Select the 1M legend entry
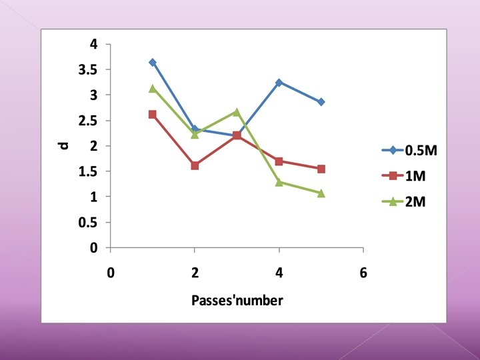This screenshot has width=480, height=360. click(x=415, y=176)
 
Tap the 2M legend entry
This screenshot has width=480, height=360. click(x=415, y=201)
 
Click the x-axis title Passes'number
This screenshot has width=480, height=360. click(x=237, y=300)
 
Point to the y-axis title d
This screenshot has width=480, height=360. click(x=65, y=145)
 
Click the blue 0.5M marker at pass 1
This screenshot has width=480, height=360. click(x=153, y=62)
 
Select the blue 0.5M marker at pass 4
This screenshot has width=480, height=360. click(x=279, y=82)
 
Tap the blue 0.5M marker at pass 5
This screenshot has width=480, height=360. click(x=321, y=102)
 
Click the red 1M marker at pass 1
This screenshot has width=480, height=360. click(x=153, y=115)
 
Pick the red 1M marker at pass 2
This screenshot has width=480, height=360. click(x=195, y=165)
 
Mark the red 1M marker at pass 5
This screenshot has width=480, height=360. click(x=321, y=169)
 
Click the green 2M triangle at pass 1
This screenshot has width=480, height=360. click(x=153, y=88)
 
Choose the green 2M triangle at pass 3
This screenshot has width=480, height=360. click(x=237, y=112)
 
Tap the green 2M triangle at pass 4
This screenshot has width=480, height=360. click(x=279, y=182)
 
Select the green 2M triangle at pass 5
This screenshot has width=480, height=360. click(x=321, y=193)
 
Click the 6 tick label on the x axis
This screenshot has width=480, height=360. click(x=363, y=273)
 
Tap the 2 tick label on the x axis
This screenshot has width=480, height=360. click(x=195, y=273)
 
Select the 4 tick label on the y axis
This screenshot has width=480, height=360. click(x=94, y=45)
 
